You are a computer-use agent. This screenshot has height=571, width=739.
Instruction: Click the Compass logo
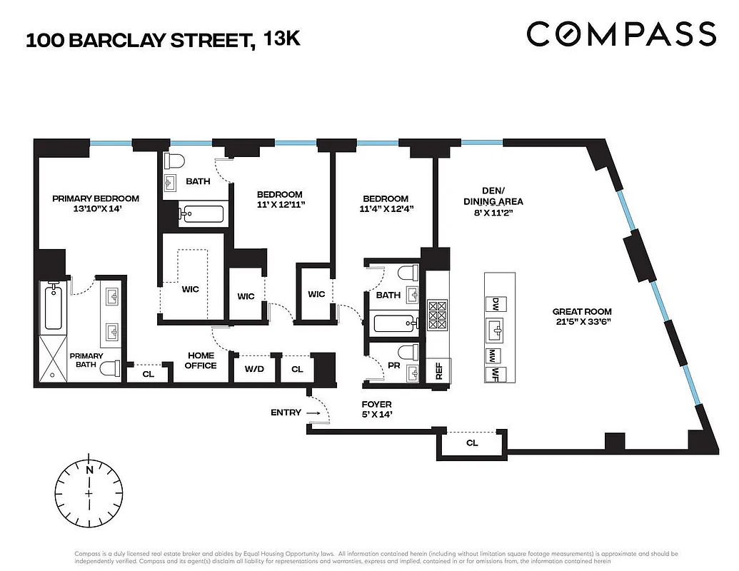coord(620,34)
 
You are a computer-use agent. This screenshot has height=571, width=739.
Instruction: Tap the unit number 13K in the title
coord(283,39)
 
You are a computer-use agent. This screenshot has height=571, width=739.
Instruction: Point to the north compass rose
coord(89,492)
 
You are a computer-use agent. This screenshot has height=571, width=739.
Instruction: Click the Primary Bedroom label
coord(96,198)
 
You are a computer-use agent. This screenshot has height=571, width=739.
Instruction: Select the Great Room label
coord(582,311)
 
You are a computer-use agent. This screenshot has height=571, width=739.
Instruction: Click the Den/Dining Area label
coord(493,196)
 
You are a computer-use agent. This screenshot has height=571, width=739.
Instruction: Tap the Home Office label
coord(201,360)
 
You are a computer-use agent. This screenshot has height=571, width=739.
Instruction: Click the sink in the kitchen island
coord(494,330)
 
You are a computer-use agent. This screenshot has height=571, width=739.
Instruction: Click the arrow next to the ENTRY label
coord(311,413)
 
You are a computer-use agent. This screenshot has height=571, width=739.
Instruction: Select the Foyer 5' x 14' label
coord(378,409)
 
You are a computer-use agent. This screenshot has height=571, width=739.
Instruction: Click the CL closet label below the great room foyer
coord(471,443)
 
